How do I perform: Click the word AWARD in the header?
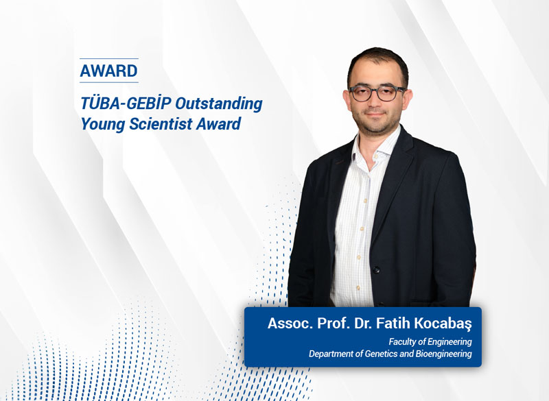click(108, 71)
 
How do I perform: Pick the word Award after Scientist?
click(220, 125)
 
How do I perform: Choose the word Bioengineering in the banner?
click(446, 354)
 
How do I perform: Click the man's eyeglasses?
click(377, 93)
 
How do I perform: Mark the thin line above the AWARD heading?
click(108, 59)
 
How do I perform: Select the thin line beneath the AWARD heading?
click(108, 82)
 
